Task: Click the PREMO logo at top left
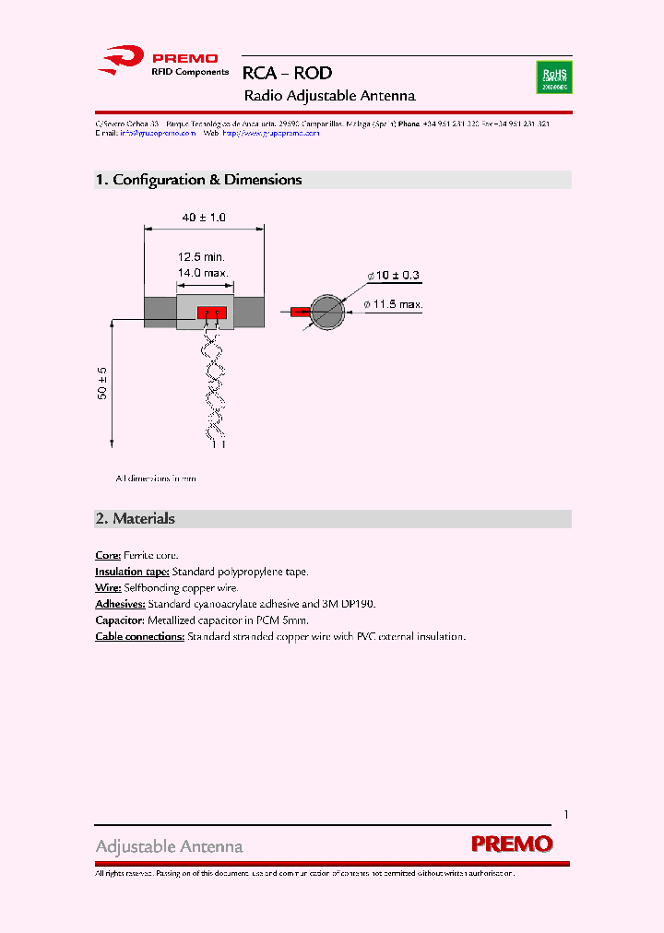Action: tap(162, 62)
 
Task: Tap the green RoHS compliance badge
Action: tap(553, 77)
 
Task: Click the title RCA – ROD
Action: tap(287, 73)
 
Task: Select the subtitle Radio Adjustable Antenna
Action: tap(329, 96)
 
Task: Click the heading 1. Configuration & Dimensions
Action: tap(198, 180)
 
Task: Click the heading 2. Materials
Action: tap(135, 518)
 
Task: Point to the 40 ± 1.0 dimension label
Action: tap(204, 218)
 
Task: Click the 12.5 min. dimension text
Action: tap(201, 257)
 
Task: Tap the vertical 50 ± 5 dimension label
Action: tap(102, 384)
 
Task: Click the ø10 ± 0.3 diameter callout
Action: tap(395, 276)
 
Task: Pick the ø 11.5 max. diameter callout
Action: tap(393, 304)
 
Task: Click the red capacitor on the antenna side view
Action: tap(211, 313)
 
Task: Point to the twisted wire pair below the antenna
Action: tap(214, 387)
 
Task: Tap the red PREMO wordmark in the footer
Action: tap(512, 844)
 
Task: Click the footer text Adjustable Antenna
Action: tap(169, 846)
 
